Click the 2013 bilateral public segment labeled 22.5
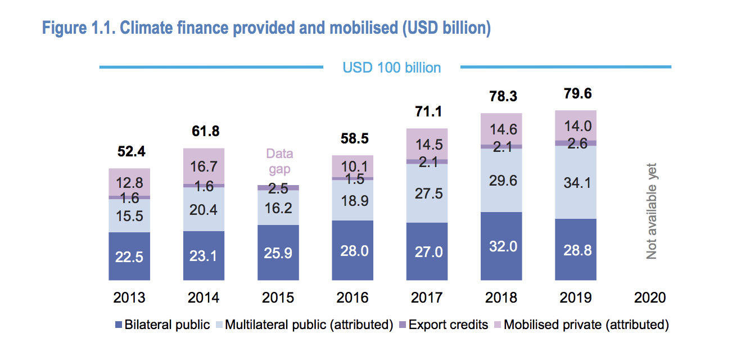[129, 256]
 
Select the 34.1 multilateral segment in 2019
[576, 182]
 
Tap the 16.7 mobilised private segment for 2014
[204, 166]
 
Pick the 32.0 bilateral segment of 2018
[501, 246]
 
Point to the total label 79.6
[576, 94]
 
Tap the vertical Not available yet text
[652, 211]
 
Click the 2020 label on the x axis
[649, 298]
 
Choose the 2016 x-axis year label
[353, 298]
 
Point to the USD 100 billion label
[392, 67]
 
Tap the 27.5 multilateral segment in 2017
[427, 193]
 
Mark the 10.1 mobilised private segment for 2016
[353, 166]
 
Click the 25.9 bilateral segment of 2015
[278, 252]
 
